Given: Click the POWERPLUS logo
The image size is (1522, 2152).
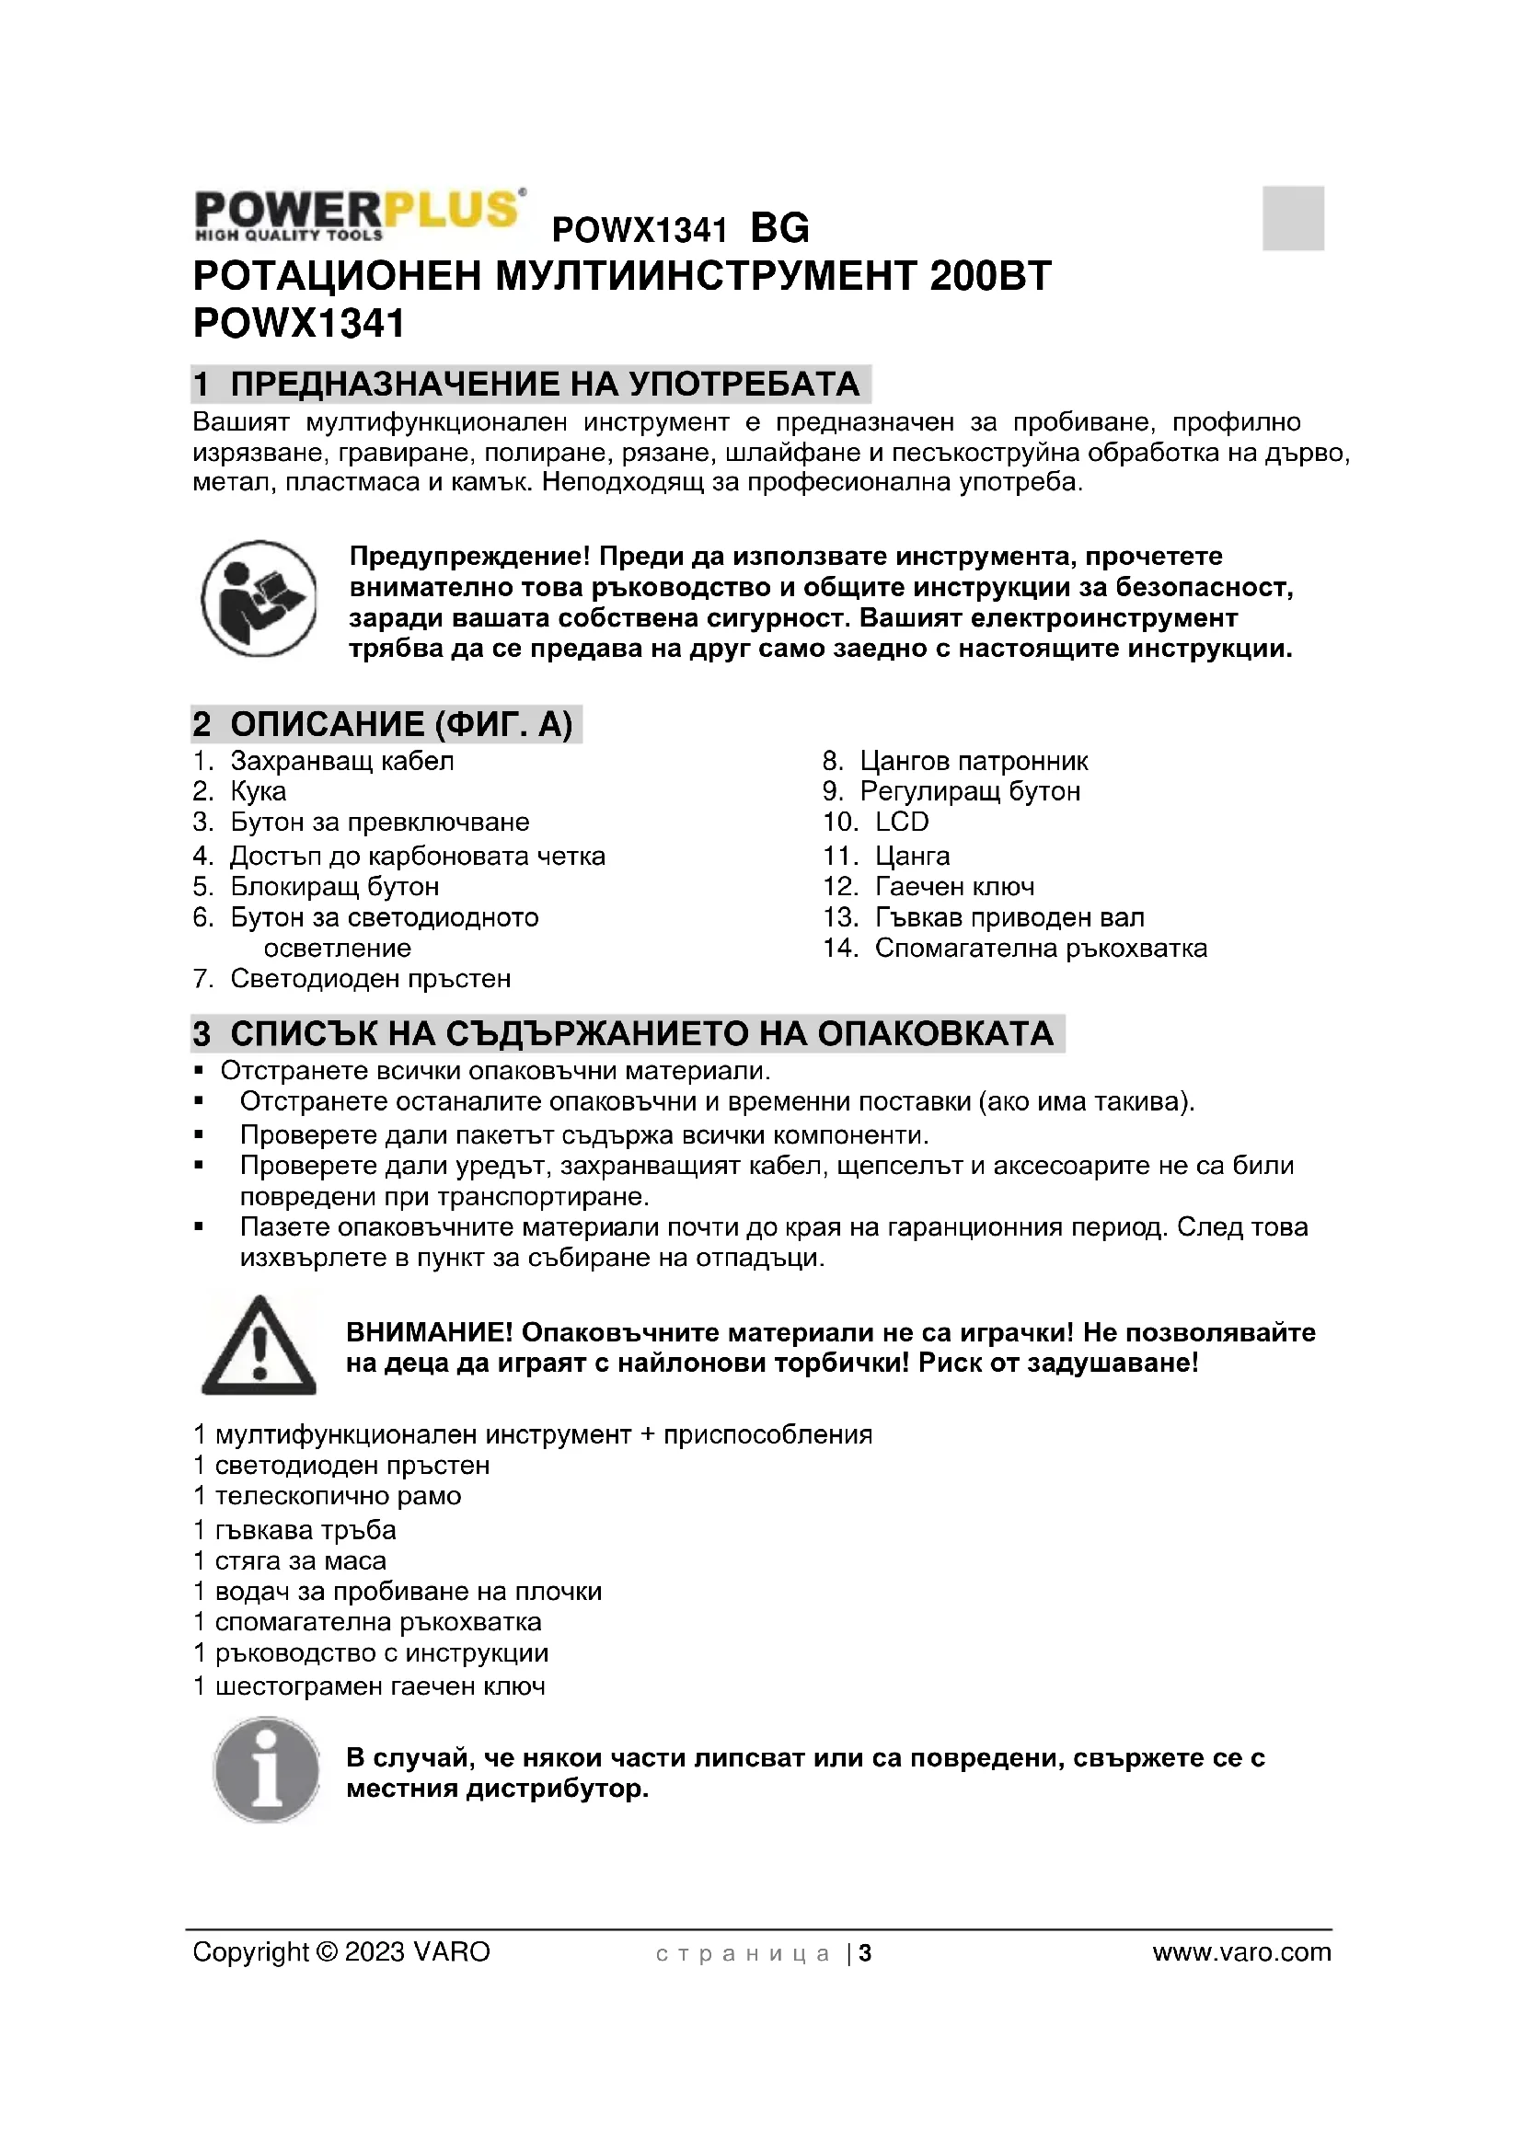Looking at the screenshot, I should click(358, 213).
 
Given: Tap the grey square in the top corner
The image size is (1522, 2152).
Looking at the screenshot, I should click(1292, 217).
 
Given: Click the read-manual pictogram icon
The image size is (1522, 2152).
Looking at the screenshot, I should click(259, 598).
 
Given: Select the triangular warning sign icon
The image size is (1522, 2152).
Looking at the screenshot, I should click(259, 1346).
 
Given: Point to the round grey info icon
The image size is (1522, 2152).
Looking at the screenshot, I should click(267, 1769).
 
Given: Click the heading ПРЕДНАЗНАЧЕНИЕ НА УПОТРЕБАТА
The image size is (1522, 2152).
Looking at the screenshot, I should click(544, 385).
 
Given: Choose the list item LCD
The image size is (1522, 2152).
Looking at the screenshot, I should click(902, 822).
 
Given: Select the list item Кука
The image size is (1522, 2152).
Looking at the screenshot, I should click(258, 791).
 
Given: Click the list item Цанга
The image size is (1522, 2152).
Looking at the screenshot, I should click(912, 856).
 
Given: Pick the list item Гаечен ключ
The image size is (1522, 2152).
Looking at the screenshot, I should click(954, 887).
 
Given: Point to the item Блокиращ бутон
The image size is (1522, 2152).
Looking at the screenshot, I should click(334, 887).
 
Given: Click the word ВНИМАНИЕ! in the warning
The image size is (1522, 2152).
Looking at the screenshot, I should click(429, 1333).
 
